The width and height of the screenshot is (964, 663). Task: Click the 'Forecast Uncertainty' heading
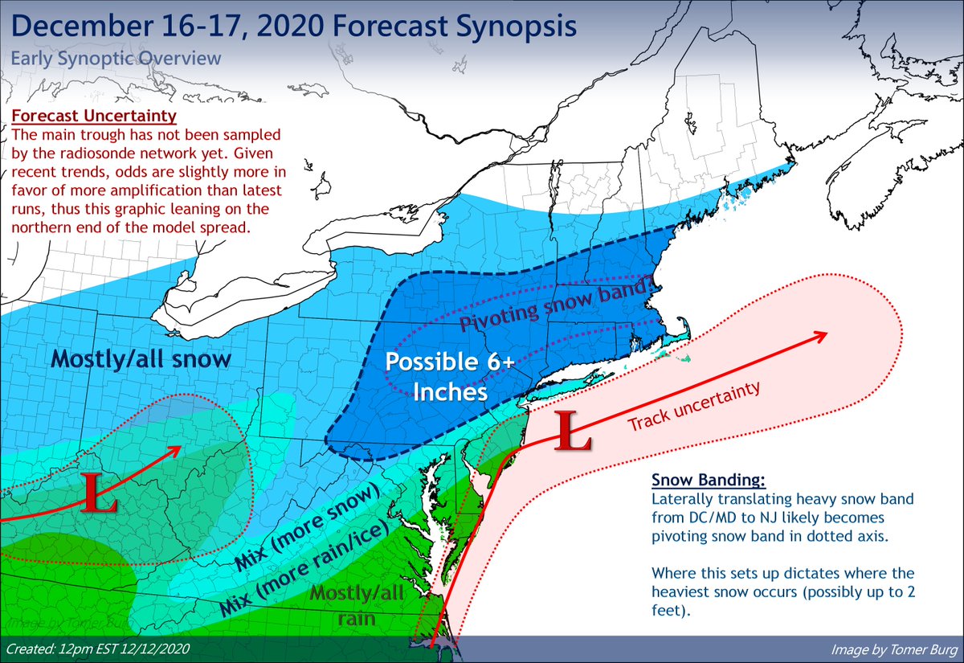[x=95, y=116]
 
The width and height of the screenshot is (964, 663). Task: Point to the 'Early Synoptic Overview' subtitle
[x=116, y=59]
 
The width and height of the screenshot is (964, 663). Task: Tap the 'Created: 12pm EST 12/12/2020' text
[x=98, y=648]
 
